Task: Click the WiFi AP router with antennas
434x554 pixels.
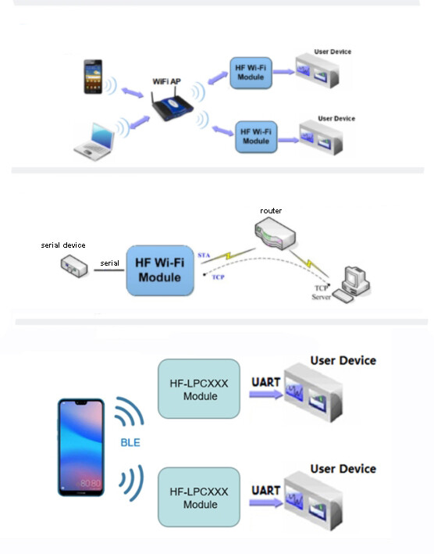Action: (173, 104)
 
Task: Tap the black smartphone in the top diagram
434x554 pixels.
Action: (93, 77)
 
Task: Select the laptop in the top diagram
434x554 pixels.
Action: (94, 141)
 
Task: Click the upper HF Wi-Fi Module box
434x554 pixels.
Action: (251, 73)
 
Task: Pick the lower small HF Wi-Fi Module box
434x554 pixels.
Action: (256, 137)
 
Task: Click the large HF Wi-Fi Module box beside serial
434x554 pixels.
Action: (160, 270)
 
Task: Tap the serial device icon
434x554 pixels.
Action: (74, 266)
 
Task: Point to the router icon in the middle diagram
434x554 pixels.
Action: (275, 233)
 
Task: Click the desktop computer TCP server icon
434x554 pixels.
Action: (351, 284)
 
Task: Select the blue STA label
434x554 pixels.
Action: (204, 255)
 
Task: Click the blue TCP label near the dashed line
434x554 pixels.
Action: (218, 277)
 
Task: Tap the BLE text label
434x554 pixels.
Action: (130, 443)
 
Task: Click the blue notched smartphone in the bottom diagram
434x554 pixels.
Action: (81, 447)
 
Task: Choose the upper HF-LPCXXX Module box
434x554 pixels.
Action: (199, 388)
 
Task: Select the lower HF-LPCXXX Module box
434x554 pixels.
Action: (199, 497)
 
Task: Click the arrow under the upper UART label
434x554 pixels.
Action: (266, 395)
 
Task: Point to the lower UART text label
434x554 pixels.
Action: (265, 491)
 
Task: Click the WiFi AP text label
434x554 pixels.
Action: (166, 81)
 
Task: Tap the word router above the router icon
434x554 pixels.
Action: (271, 211)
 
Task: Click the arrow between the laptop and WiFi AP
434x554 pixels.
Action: (140, 122)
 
